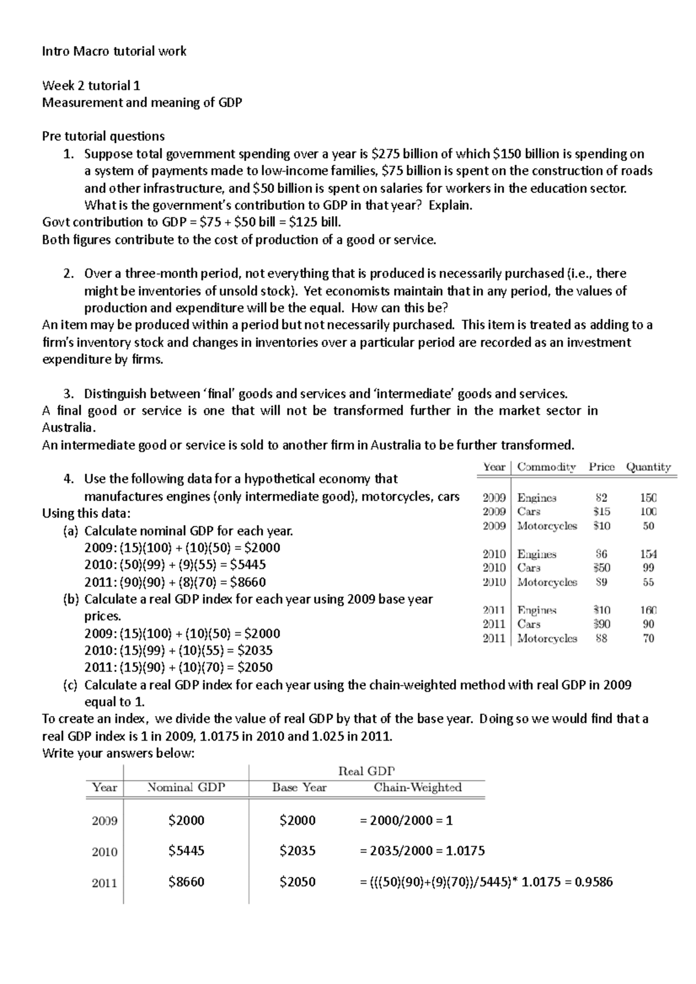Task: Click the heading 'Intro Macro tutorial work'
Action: (114, 52)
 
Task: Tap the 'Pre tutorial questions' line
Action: (103, 137)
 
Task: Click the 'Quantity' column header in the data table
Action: (648, 467)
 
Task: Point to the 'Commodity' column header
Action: (546, 467)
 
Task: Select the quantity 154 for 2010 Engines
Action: (648, 554)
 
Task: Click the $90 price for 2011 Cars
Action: (601, 624)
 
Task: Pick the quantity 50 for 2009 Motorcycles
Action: (648, 526)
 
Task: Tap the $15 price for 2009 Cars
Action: (601, 512)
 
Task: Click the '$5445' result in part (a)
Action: (248, 565)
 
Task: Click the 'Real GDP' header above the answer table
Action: (366, 771)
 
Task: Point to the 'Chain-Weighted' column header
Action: (418, 788)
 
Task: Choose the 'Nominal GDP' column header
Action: (186, 788)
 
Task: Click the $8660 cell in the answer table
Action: (186, 882)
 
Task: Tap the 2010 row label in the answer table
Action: (104, 852)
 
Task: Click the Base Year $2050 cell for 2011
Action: (297, 882)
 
